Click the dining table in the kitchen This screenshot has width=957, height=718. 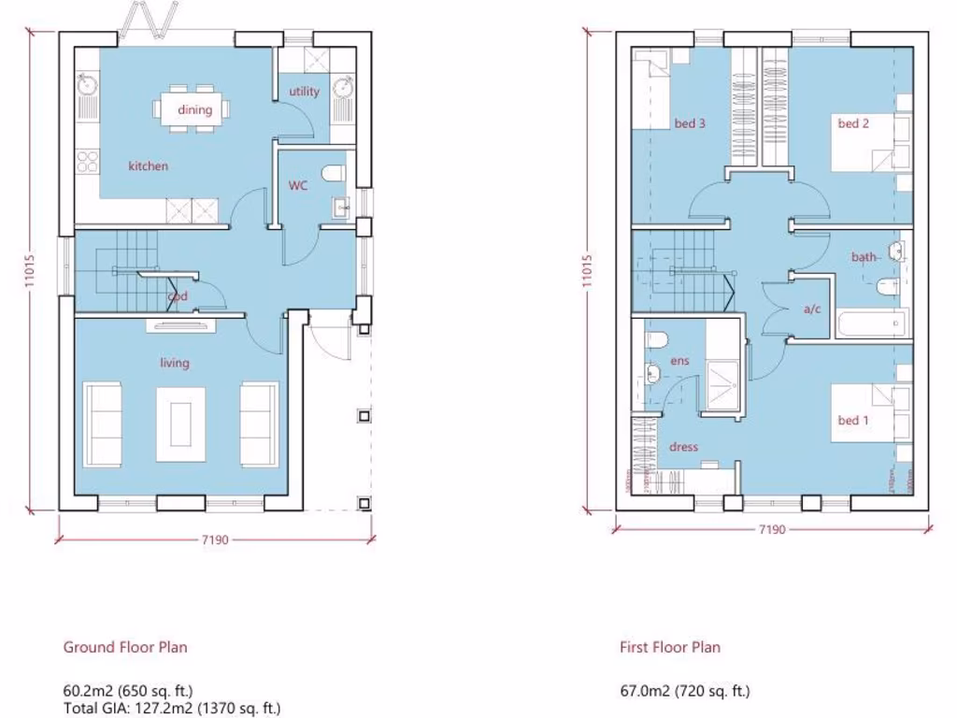(194, 108)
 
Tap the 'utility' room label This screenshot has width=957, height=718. (304, 92)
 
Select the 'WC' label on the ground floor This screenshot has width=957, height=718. (297, 185)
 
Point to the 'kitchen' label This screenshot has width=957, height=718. (149, 165)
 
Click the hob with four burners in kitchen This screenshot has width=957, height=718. (88, 161)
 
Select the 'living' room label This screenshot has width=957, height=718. (174, 363)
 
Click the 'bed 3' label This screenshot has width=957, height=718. (690, 123)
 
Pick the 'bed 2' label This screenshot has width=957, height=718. (853, 123)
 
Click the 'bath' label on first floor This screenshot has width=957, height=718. (863, 256)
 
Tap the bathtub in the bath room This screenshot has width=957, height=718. (870, 324)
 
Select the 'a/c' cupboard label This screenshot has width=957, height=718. (811, 309)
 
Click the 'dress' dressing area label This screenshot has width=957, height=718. (683, 447)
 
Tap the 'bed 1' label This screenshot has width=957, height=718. (853, 420)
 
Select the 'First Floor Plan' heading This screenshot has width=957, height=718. (669, 647)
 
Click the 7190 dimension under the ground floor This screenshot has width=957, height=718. (216, 539)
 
